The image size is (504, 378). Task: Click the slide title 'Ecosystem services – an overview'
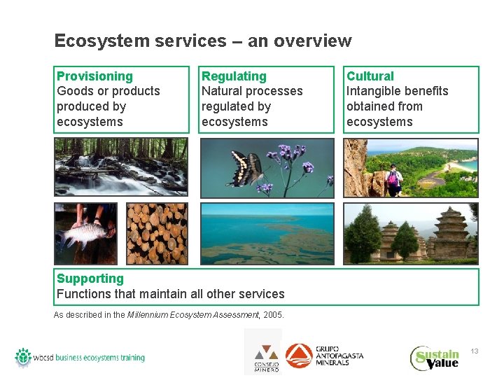point(202,41)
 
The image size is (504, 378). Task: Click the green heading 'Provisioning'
point(94,76)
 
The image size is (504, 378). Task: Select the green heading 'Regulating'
point(234,76)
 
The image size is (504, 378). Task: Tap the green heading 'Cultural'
point(370,76)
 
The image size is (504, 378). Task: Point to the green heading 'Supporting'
point(90,279)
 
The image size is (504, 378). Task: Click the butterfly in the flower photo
point(246,169)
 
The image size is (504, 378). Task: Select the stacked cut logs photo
point(157,234)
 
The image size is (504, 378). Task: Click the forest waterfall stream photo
point(120,167)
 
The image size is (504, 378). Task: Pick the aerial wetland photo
point(267,234)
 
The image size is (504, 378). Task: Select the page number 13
point(474,351)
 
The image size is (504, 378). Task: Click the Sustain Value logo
point(435,358)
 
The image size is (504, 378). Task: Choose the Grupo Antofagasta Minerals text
point(339,355)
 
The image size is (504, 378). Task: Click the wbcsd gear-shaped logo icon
point(23,357)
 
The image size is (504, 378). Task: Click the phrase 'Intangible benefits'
point(397,91)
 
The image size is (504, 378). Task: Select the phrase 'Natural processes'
point(252,91)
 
